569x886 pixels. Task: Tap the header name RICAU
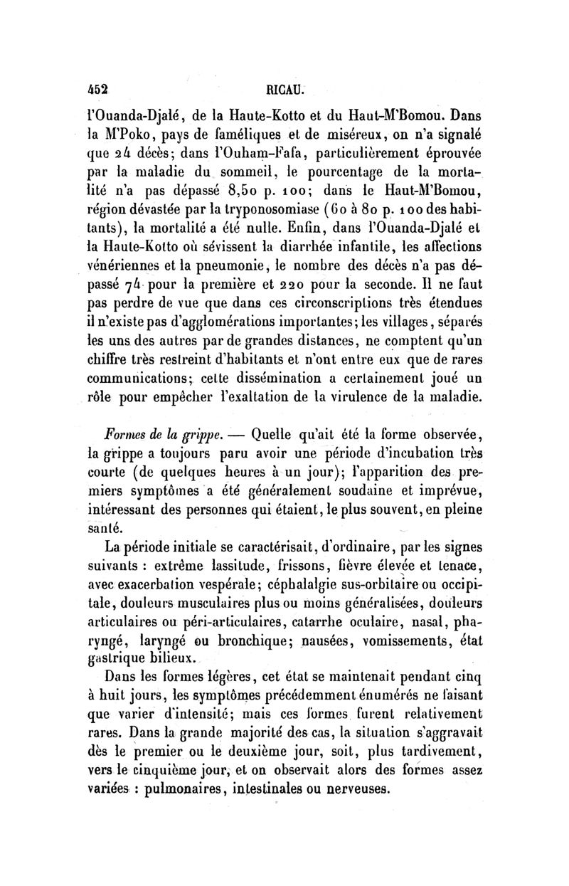coord(284,92)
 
